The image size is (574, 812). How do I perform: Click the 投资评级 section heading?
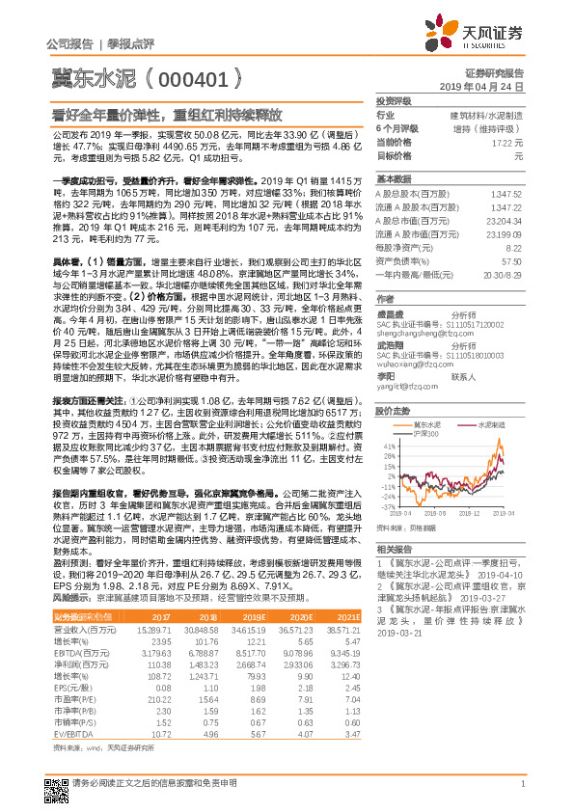tap(394, 100)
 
